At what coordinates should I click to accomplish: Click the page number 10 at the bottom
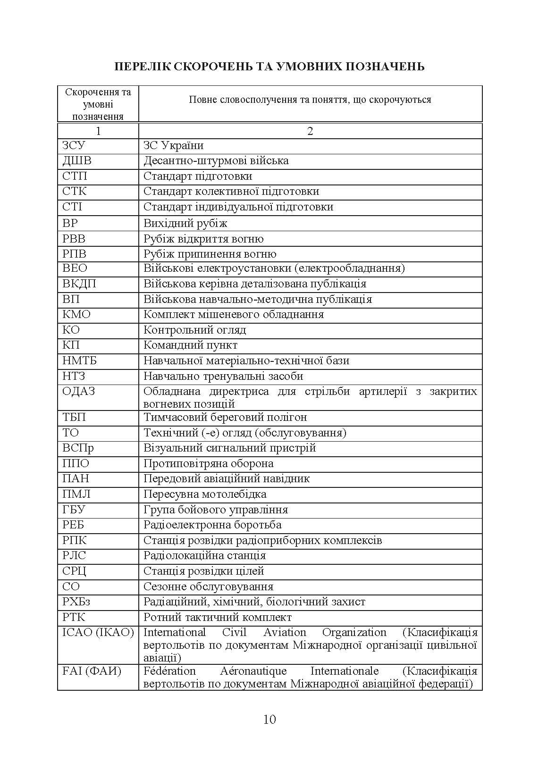pyautogui.click(x=269, y=719)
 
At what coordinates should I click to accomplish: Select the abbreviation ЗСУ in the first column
pyautogui.click(x=74, y=145)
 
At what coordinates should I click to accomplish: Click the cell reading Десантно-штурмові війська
pyautogui.click(x=216, y=161)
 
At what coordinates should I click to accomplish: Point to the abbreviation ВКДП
pyautogui.click(x=79, y=284)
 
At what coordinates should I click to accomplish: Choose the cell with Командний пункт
pyautogui.click(x=190, y=345)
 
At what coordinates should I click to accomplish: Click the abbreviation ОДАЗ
pyautogui.click(x=79, y=391)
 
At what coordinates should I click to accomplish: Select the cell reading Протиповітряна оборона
pyautogui.click(x=208, y=463)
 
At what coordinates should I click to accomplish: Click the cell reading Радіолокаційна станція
pyautogui.click(x=204, y=556)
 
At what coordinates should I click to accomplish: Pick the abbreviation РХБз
pyautogui.click(x=76, y=602)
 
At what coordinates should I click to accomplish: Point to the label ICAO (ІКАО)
pyautogui.click(x=98, y=632)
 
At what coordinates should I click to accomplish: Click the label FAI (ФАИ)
pyautogui.click(x=92, y=671)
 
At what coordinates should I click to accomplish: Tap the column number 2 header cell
pyautogui.click(x=310, y=131)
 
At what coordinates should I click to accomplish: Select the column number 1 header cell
pyautogui.click(x=98, y=131)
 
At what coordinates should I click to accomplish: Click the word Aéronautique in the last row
pyautogui.click(x=253, y=671)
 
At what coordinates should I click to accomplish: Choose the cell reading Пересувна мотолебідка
pyautogui.click(x=205, y=494)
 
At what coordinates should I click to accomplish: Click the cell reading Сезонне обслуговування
pyautogui.click(x=208, y=586)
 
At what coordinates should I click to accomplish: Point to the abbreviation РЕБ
pyautogui.click(x=73, y=525)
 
